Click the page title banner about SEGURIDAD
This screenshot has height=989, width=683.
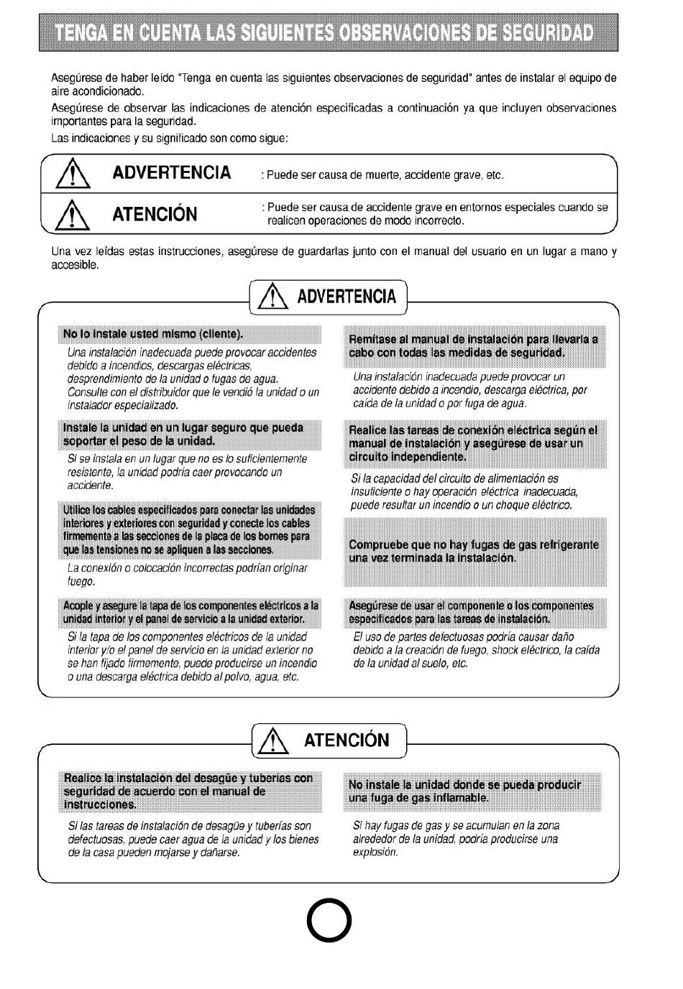point(329,32)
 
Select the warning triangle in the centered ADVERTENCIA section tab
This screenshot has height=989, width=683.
point(272,297)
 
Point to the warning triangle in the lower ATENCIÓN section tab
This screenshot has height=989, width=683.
point(273,740)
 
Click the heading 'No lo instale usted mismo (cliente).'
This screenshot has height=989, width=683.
point(153,334)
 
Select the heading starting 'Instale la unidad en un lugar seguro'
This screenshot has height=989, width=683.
point(183,434)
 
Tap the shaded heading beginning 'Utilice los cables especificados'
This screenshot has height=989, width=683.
point(188,530)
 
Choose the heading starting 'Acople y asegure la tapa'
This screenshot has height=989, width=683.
point(191,612)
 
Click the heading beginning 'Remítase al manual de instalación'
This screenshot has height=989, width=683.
point(473,345)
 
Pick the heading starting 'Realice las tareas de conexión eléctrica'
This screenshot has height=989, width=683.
point(473,443)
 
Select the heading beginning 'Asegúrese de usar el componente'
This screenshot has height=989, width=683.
point(471,612)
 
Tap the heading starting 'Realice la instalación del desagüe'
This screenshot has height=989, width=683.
point(188,791)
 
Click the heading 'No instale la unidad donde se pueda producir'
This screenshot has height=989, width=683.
point(464,791)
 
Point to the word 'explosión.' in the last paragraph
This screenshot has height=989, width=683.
point(375,853)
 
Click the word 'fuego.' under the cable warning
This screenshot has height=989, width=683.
point(81,582)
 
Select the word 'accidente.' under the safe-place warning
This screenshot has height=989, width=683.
point(91,486)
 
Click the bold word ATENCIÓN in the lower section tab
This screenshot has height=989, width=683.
point(347,740)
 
